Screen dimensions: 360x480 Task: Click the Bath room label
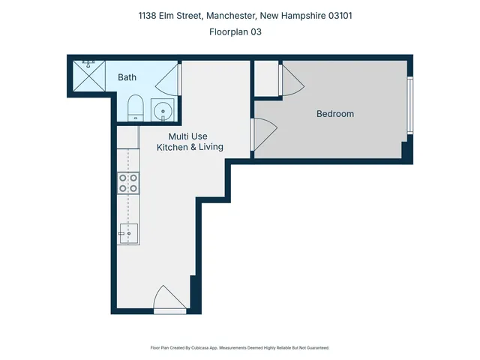click(x=127, y=77)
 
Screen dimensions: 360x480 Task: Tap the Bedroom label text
click(x=334, y=114)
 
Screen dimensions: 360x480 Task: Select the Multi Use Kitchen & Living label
click(x=189, y=142)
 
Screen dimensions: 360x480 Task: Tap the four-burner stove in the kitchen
click(x=127, y=184)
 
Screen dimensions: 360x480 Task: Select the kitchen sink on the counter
click(x=127, y=234)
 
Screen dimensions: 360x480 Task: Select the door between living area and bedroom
click(x=262, y=134)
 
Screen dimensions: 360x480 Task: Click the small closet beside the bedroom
click(x=265, y=79)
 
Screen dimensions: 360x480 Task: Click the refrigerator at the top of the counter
click(x=127, y=136)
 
